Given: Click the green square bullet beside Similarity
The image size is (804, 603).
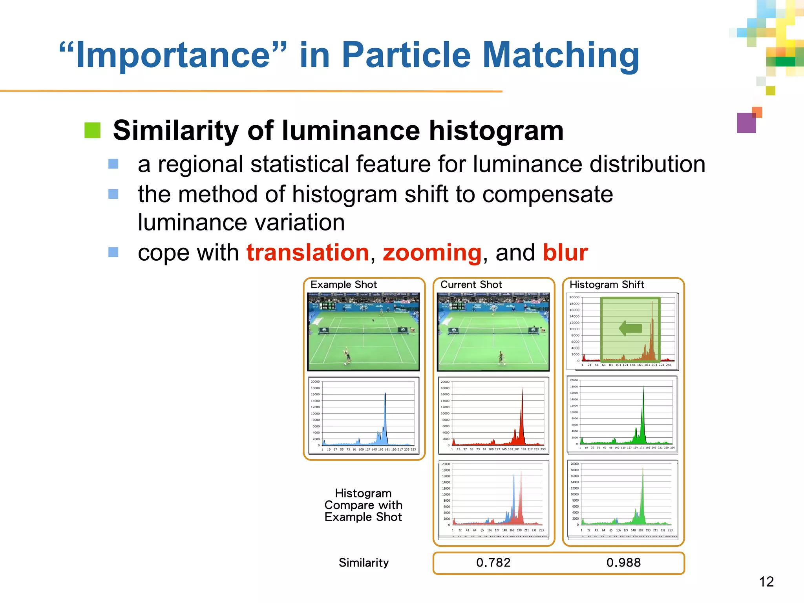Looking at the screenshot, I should [93, 130].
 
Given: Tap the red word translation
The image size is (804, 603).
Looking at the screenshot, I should [308, 252].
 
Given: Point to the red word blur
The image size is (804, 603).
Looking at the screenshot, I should [565, 252].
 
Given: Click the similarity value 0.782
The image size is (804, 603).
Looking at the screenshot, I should [493, 563].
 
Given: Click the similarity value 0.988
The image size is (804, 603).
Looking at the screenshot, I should [623, 563].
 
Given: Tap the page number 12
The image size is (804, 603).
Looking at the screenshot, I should [766, 582].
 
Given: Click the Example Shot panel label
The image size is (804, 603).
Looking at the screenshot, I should [344, 285].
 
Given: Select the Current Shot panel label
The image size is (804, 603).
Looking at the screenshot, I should [471, 285].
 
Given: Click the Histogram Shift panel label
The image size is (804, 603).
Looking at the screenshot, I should [607, 285].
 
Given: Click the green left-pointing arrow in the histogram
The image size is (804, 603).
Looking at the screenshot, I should [630, 328].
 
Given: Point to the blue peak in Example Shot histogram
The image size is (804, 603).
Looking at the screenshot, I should [385, 416].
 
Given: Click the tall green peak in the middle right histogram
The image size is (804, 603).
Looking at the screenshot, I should [643, 412].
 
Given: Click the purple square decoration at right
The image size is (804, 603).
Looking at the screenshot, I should [746, 123].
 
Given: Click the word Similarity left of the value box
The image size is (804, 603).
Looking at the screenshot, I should [364, 563].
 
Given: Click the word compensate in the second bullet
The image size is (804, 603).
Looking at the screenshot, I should [547, 195].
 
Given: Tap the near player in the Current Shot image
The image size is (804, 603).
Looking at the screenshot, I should [501, 357].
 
